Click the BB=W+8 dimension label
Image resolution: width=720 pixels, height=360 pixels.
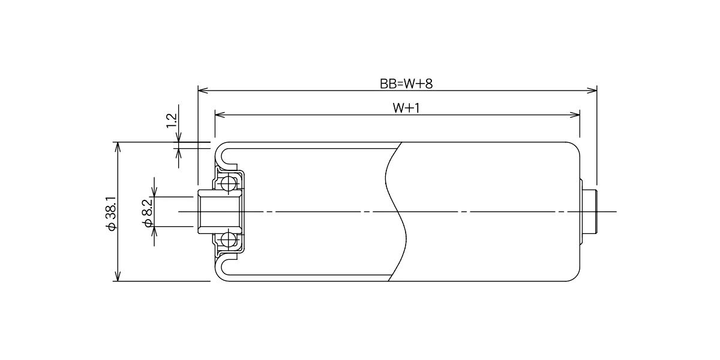coord(406,84)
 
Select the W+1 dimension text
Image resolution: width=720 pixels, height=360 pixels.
coord(406,109)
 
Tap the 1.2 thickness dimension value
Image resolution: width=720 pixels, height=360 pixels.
coord(172,121)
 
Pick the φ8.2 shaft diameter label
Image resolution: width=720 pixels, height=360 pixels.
coord(148,213)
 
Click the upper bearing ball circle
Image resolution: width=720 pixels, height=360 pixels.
coord(229,184)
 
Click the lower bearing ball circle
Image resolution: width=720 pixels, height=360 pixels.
coord(229,240)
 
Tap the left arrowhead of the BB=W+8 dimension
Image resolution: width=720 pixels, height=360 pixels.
coord(203,91)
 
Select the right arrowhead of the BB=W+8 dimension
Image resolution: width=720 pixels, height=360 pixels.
coord(592,91)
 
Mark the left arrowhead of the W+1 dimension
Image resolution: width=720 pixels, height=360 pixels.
coord(220,115)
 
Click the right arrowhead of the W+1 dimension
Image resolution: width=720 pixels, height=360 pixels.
coord(575,115)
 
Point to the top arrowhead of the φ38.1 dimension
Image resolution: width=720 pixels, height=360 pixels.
coord(118,147)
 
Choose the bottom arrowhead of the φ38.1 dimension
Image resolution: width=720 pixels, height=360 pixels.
coord(118,276)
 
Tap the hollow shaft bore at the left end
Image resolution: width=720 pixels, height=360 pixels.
coord(218,211)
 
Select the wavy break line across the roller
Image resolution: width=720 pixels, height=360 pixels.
coord(395,211)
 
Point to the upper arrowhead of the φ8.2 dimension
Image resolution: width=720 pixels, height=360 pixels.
coord(154,191)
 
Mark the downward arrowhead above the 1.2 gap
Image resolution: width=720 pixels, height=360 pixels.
coord(178,137)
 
